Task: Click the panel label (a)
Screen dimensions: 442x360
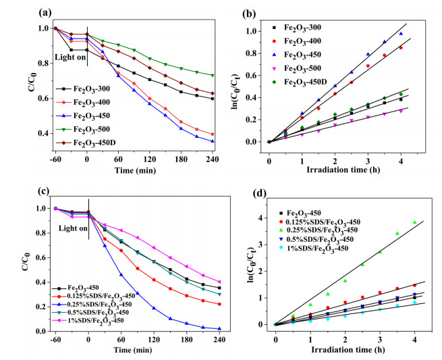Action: [x=45, y=12]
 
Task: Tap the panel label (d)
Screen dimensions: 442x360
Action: [x=260, y=194]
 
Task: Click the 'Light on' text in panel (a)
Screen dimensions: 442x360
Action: [x=70, y=57]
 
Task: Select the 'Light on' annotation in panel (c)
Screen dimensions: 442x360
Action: [x=74, y=228]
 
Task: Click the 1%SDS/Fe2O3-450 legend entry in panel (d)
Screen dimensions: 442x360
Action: [x=313, y=249]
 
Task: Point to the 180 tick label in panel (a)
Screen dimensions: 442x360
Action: [x=181, y=159]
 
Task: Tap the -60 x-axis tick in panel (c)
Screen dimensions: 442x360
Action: [x=55, y=340]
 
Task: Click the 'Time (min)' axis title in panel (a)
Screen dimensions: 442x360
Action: [x=135, y=170]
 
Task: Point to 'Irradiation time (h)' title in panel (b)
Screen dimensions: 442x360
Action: [x=343, y=170]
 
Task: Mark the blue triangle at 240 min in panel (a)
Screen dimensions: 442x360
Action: [x=213, y=141]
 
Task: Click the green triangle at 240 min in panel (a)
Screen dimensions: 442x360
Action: [x=213, y=76]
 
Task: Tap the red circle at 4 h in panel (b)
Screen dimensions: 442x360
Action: [x=401, y=48]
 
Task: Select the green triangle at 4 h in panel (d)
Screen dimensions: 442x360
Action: [x=414, y=222]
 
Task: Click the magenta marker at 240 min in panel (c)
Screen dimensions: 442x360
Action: [x=219, y=282]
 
